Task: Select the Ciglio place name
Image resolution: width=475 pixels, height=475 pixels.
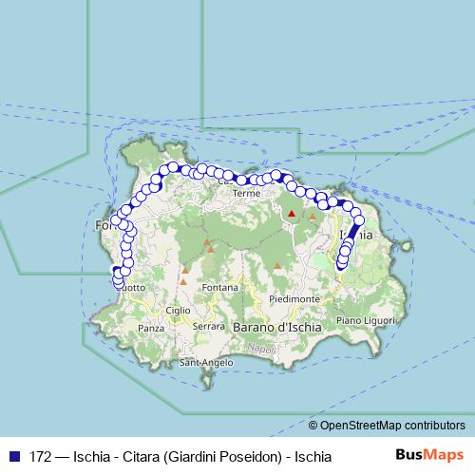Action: [178, 310]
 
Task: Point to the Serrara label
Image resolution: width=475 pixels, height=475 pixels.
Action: [208, 326]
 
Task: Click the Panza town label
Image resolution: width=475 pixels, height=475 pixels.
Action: [151, 328]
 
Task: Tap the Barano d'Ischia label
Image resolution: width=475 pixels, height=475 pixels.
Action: [276, 327]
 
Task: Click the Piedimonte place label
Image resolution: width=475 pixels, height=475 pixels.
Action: [294, 298]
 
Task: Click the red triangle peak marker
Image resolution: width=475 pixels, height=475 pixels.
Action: [292, 214]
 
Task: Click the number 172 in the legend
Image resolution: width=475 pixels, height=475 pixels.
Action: [41, 456]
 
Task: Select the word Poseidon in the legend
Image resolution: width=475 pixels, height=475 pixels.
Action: [251, 456]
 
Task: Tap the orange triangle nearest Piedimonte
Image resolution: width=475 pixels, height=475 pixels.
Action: [276, 266]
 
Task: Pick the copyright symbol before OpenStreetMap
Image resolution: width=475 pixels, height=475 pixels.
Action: [313, 426]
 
